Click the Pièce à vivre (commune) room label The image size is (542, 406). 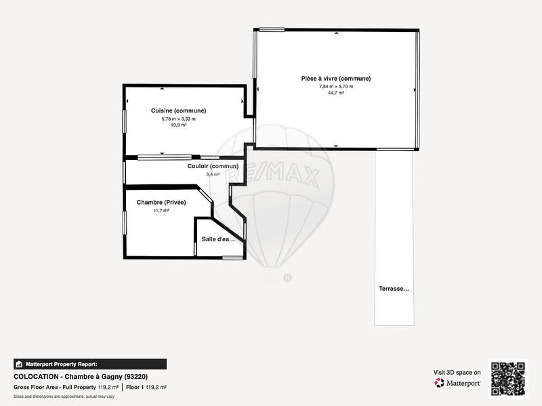(335, 79)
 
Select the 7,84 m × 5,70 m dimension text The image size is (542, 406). (335, 87)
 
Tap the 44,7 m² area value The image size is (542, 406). (335, 94)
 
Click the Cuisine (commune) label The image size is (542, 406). (178, 110)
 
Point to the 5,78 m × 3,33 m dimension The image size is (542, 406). (178, 119)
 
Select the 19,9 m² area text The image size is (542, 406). (178, 125)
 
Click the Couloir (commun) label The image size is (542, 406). (213, 167)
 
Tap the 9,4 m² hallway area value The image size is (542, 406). (213, 174)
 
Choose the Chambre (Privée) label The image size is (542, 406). (161, 203)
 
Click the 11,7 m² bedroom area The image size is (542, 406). (161, 211)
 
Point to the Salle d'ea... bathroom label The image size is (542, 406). (218, 239)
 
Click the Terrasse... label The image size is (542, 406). (394, 289)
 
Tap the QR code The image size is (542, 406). (509, 378)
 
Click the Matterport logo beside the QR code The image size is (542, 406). (458, 383)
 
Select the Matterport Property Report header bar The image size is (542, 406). (89, 364)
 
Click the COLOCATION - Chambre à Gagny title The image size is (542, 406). (81, 377)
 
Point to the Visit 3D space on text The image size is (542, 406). (457, 372)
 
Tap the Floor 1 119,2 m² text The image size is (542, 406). (146, 387)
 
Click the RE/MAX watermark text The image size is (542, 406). (274, 177)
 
